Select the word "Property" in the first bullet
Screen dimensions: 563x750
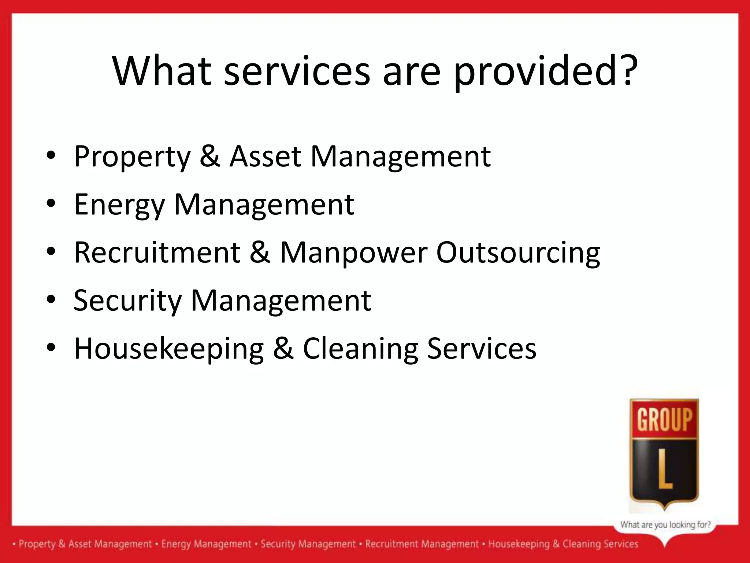tap(132, 157)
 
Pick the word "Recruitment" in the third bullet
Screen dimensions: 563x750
tap(157, 253)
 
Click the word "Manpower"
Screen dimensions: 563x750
tap(353, 253)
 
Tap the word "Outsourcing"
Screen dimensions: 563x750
tap(518, 253)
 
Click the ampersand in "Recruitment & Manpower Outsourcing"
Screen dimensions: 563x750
tap(260, 253)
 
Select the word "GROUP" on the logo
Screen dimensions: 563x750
tap(665, 419)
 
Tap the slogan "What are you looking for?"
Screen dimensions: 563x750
tap(665, 525)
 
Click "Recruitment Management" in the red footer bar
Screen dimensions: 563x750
tap(422, 544)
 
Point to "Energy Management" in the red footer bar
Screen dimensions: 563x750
tap(206, 544)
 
